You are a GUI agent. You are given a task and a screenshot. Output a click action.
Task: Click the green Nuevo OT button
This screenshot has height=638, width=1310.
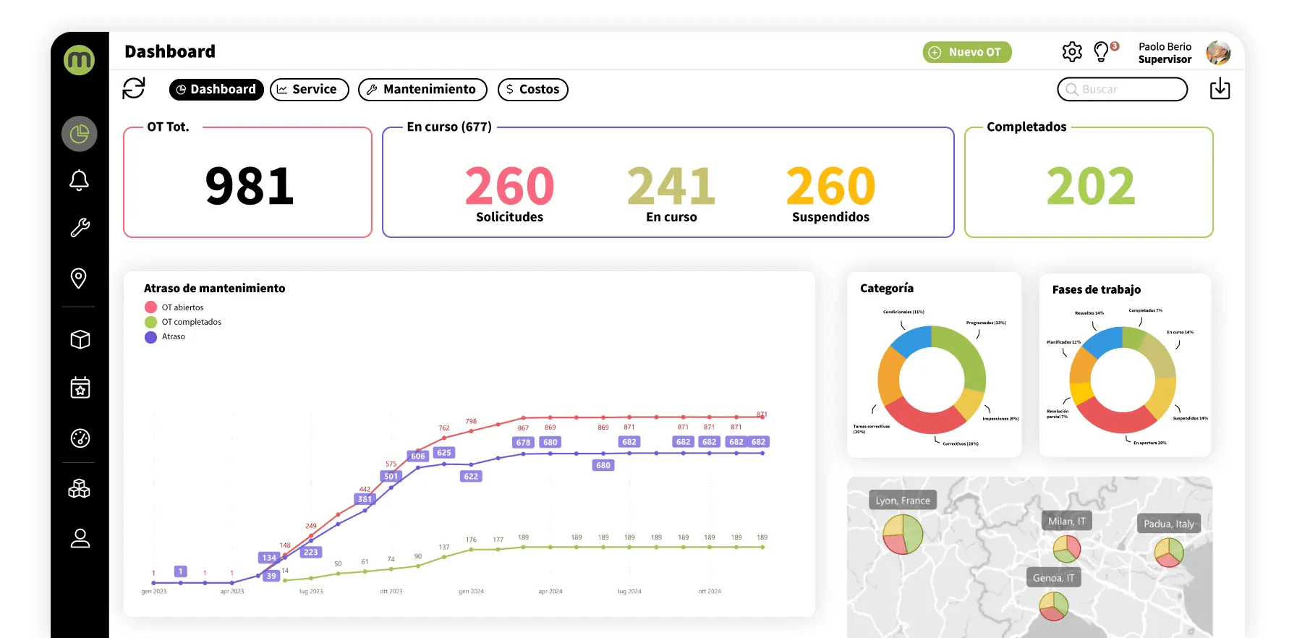(x=967, y=52)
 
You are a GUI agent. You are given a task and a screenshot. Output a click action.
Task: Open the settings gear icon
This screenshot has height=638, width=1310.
(x=1072, y=51)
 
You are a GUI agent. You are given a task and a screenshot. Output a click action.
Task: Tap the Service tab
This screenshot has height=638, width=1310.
(x=310, y=89)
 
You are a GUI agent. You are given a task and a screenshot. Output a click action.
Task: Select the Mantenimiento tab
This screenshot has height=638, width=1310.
(x=422, y=89)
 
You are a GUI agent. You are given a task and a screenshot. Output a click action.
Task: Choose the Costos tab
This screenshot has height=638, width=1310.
(x=533, y=89)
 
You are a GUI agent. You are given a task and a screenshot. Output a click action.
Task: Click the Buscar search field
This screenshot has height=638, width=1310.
(x=1123, y=89)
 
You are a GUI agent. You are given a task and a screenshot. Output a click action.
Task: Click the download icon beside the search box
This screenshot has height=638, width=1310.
(x=1220, y=88)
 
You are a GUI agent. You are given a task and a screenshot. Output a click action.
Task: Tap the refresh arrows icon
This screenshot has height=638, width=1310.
(x=134, y=88)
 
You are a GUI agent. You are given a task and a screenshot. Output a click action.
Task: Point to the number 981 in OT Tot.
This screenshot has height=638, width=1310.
(x=250, y=186)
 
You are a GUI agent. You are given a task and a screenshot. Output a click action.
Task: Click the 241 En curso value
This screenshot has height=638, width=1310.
(x=671, y=186)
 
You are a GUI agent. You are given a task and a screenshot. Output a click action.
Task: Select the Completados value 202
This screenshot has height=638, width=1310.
(x=1091, y=186)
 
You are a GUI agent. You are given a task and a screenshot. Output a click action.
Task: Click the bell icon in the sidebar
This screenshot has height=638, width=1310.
(x=80, y=180)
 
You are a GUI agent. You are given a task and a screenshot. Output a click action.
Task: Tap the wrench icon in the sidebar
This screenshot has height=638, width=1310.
(x=80, y=228)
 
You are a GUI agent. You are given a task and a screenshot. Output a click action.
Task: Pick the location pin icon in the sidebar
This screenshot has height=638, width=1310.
(x=79, y=278)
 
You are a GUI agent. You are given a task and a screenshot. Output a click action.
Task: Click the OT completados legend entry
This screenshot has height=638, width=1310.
(x=191, y=322)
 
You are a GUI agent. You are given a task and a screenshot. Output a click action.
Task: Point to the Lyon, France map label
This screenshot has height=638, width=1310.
(x=903, y=501)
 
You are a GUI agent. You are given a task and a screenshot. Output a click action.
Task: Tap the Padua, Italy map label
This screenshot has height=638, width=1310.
(x=1168, y=524)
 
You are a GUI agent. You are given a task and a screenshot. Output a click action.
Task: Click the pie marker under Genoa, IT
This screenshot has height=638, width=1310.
(x=1054, y=606)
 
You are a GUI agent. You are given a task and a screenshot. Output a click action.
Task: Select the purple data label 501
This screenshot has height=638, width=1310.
(x=391, y=476)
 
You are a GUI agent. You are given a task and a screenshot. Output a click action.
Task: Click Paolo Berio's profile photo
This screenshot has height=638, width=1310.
(x=1218, y=52)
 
